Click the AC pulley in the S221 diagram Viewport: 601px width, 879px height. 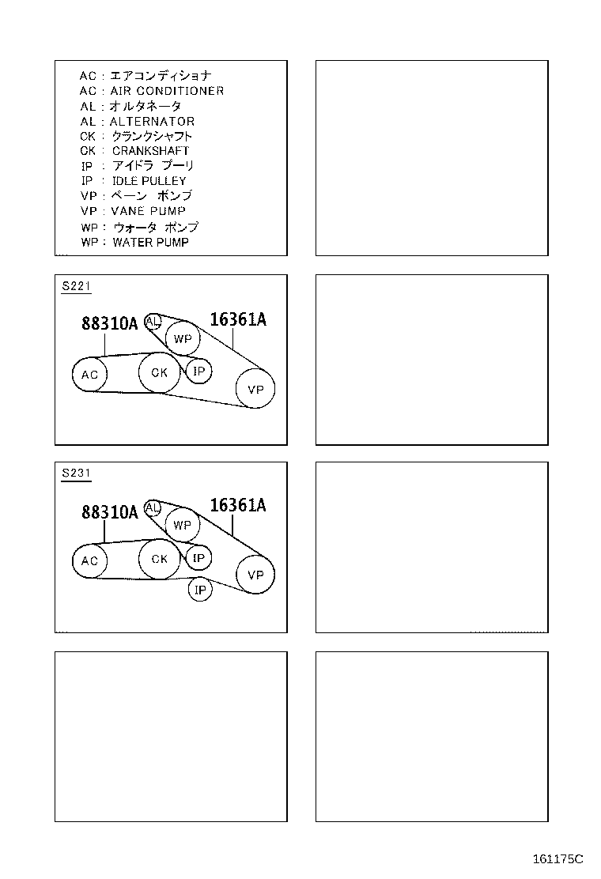89,375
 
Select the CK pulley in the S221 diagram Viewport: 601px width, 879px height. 160,372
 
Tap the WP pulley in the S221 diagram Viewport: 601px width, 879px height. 183,339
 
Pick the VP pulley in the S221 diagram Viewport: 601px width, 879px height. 255,389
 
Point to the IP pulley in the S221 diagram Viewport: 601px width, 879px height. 198,370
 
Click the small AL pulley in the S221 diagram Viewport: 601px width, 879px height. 153,320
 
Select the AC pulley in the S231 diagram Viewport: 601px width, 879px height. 89,560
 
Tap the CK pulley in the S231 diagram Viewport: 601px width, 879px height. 160,559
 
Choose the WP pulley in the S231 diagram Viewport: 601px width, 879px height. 182,525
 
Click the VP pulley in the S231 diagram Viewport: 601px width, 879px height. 255,575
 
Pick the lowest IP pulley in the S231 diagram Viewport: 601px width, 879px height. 200,590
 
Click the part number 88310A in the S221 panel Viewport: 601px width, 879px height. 109,323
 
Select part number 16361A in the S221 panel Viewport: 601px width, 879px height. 238,319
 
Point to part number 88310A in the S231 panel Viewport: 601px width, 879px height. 109,512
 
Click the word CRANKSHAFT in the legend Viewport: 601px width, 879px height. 150,150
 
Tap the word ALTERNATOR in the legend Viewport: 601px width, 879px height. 152,121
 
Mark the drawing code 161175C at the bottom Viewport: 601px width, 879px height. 557,858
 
